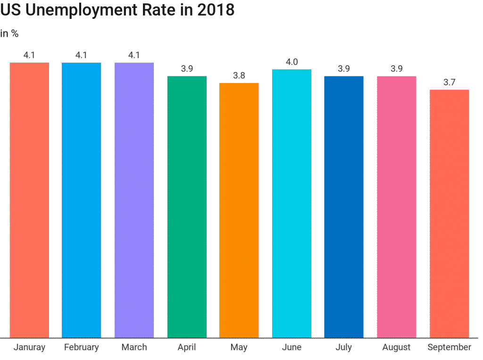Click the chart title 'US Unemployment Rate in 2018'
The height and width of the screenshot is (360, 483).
[117, 9]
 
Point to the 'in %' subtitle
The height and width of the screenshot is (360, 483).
[9, 33]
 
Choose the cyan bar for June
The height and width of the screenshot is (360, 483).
[291, 203]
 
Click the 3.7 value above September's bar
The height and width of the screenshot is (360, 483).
[449, 82]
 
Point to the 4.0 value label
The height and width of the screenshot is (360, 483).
[291, 62]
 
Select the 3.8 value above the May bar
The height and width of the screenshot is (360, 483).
[239, 75]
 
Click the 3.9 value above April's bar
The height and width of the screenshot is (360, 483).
[187, 69]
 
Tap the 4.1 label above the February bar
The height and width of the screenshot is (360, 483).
[81, 55]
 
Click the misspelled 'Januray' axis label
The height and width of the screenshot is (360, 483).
[29, 347]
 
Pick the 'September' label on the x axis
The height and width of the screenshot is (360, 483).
[449, 347]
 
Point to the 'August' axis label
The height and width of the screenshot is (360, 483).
[396, 347]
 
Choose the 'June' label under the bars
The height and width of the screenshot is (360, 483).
[291, 347]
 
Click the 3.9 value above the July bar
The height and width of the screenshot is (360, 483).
[344, 69]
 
